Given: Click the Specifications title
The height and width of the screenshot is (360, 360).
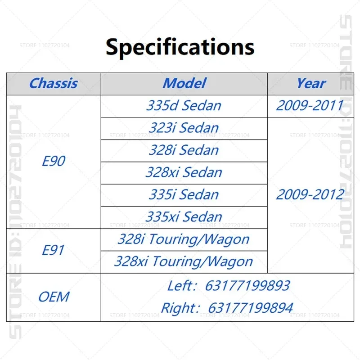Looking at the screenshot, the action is (180, 48).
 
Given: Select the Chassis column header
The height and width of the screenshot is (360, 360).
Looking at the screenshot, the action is (54, 83).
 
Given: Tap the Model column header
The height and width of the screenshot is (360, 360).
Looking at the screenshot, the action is (184, 83).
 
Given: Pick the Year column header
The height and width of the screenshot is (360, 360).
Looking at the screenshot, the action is (311, 83).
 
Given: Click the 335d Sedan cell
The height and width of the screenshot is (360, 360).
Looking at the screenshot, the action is (184, 106).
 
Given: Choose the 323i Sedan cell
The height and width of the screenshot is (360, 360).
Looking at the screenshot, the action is (184, 128).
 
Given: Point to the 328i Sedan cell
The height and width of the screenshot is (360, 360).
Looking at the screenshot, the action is (184, 150).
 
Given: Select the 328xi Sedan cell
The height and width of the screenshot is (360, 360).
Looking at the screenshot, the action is (184, 172).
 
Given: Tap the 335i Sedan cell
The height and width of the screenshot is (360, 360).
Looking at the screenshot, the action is (184, 195).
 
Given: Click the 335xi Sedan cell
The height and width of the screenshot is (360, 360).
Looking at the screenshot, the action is (184, 217).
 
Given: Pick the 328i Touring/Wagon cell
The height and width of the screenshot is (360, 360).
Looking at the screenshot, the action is (184, 239).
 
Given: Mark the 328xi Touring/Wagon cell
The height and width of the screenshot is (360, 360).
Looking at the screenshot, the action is (184, 262).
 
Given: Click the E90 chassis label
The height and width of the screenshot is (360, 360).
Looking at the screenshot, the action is (54, 161).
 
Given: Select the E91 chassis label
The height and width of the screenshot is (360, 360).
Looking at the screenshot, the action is (53, 250).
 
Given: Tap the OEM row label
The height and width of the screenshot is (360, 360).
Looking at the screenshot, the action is (54, 297).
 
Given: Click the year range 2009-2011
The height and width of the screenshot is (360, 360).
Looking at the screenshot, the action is (310, 106).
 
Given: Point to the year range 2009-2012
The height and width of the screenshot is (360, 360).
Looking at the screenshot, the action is (310, 195).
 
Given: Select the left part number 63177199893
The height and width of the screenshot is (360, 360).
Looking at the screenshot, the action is (247, 286).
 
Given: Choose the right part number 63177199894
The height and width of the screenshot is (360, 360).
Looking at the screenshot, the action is (251, 308).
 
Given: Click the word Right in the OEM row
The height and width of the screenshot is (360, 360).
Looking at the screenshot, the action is (178, 308).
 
